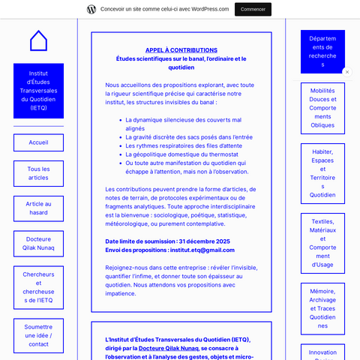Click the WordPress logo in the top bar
click(91, 9)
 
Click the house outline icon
click(38, 40)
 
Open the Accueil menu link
click(38, 142)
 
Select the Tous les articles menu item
click(38, 173)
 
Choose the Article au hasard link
click(38, 208)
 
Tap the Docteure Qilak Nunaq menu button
click(38, 244)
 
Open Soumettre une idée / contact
click(38, 335)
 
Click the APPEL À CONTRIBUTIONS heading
click(181, 49)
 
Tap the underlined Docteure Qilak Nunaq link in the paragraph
click(169, 348)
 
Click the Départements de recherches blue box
click(322, 51)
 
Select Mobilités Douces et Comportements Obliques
click(322, 107)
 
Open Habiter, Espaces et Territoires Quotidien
click(322, 173)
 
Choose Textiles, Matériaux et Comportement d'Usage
click(322, 243)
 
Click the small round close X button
click(346, 72)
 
